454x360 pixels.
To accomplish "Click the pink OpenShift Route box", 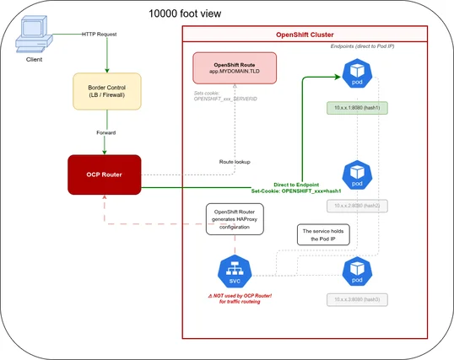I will click(235, 69).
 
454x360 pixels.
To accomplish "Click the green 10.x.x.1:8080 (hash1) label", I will click(357, 108).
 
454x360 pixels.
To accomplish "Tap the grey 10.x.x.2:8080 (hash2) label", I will click(357, 206).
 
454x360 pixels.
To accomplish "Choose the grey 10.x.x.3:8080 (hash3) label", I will click(357, 299).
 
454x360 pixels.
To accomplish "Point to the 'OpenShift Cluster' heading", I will click(305, 35).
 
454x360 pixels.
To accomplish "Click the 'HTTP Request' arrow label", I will click(100, 35).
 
